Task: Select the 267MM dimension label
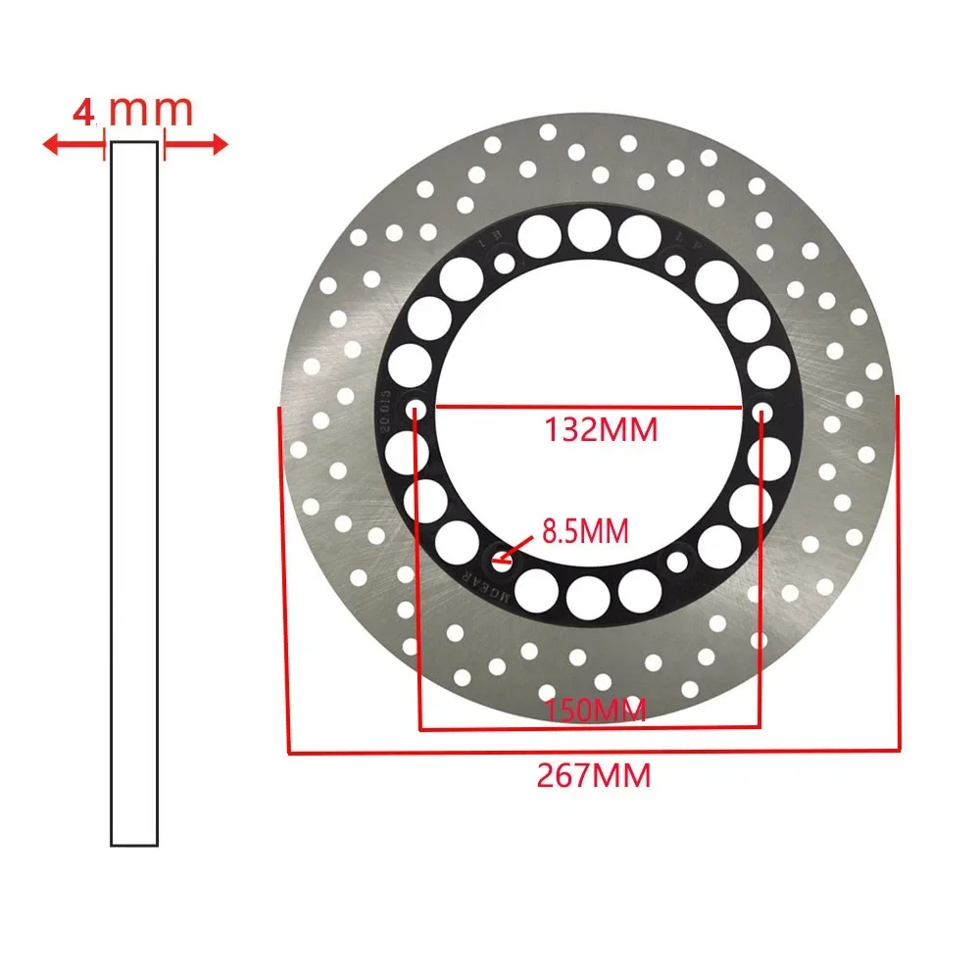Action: pyautogui.click(x=594, y=776)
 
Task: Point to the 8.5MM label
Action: pyautogui.click(x=584, y=532)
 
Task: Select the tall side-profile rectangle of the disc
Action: pyautogui.click(x=133, y=493)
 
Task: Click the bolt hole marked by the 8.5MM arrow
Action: pyautogui.click(x=501, y=563)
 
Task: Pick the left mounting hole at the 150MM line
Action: pyautogui.click(x=416, y=408)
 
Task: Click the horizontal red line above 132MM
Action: pyautogui.click(x=588, y=406)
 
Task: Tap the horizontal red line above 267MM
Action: pyautogui.click(x=594, y=752)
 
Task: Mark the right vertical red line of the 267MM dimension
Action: pyautogui.click(x=898, y=573)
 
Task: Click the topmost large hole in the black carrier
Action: pyautogui.click(x=588, y=229)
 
